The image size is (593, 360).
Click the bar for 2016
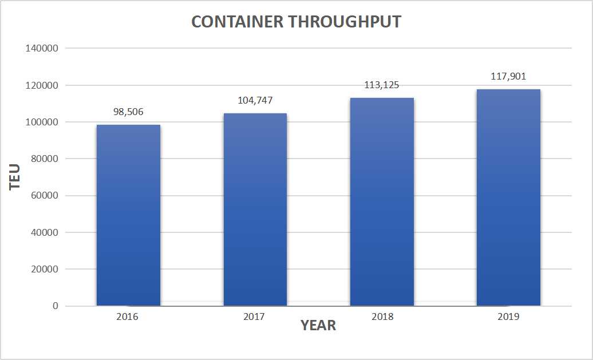coord(128,215)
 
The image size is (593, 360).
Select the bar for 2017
coord(255,209)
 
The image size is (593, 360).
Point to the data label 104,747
coord(255,101)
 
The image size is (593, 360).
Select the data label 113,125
coord(382,85)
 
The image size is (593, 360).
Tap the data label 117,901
coord(508,76)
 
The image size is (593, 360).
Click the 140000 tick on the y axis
coord(42,49)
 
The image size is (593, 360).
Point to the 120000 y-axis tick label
coord(42,85)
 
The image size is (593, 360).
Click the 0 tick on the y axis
coord(56,306)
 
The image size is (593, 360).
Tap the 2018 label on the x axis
coord(382,317)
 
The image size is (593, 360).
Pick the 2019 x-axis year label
coord(508,317)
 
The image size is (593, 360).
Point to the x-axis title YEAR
coord(318,326)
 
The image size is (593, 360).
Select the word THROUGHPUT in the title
coord(344,22)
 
